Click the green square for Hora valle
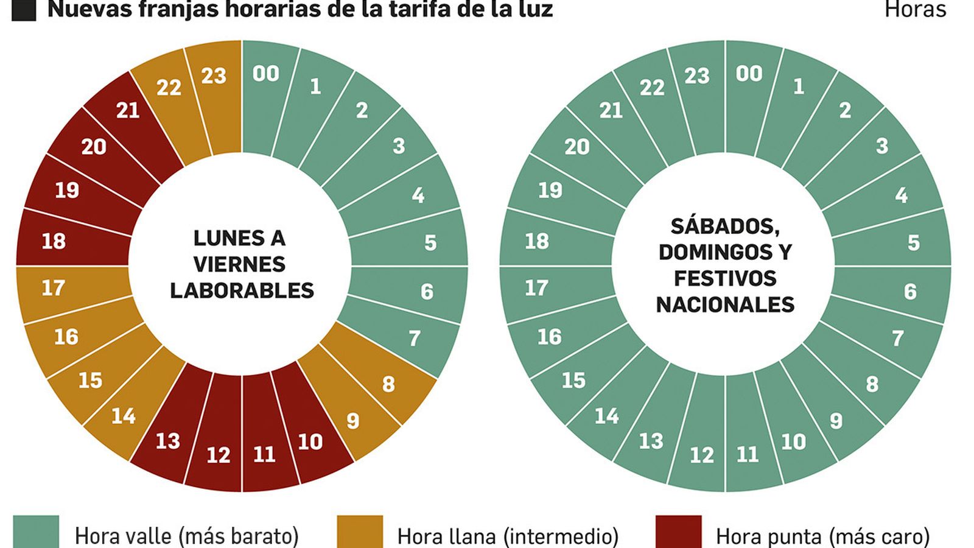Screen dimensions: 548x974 (36, 532)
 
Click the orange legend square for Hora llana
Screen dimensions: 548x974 (360, 532)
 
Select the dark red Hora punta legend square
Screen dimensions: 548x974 (678, 532)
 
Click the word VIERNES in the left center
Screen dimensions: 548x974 (239, 264)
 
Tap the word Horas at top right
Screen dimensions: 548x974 (915, 10)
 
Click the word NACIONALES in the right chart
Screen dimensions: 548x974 (725, 304)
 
